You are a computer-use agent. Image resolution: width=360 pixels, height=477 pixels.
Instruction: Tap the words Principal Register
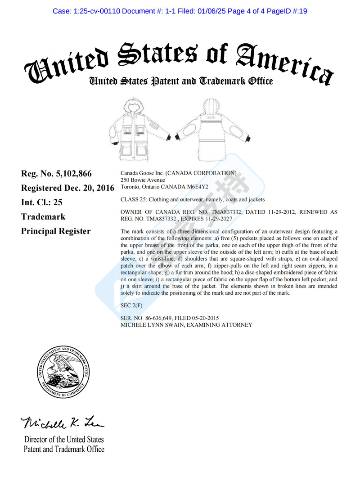(56, 231)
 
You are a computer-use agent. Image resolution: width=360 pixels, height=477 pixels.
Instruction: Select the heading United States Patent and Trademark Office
(180, 81)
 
